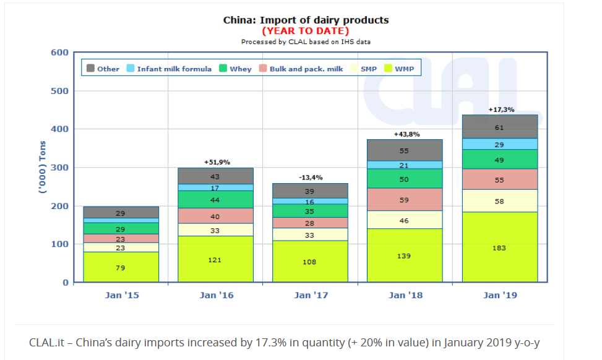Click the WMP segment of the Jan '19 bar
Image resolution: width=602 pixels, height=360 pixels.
pyautogui.click(x=499, y=247)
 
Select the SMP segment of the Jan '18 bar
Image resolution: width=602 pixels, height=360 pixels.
pyautogui.click(x=405, y=220)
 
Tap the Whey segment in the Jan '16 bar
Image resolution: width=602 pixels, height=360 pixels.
pyautogui.click(x=215, y=199)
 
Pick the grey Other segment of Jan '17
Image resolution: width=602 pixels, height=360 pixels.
pyautogui.click(x=309, y=191)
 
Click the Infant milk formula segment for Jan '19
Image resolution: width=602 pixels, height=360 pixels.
pyautogui.click(x=499, y=144)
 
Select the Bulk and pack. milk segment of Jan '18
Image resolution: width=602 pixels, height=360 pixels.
pyautogui.click(x=405, y=200)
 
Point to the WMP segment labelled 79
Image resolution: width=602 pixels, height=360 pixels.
pyautogui.click(x=121, y=267)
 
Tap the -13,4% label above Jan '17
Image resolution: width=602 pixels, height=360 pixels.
pyautogui.click(x=309, y=178)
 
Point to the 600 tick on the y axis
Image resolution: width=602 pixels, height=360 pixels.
pyautogui.click(x=59, y=53)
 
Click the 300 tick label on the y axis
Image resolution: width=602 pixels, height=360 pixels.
pyautogui.click(x=59, y=168)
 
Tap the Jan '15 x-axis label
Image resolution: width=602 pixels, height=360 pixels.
pyautogui.click(x=122, y=296)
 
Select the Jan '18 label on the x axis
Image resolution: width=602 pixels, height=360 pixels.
pyautogui.click(x=405, y=296)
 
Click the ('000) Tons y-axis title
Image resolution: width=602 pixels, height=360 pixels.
pyautogui.click(x=43, y=168)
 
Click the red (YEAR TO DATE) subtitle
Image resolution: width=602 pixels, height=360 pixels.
pyautogui.click(x=306, y=30)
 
